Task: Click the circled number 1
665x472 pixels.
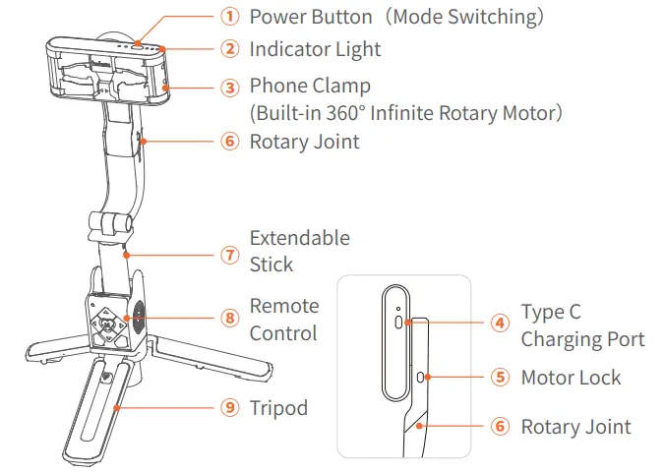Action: (x=229, y=17)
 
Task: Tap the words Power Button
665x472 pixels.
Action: (x=310, y=17)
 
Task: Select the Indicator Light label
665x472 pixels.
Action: (x=315, y=48)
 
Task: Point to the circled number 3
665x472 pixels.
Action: (x=229, y=88)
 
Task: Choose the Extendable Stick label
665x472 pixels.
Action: (x=299, y=251)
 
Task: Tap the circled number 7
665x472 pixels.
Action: (x=229, y=255)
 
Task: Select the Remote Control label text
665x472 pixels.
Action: (x=283, y=320)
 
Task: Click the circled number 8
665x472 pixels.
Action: (x=229, y=319)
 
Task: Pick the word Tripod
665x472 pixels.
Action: (x=278, y=408)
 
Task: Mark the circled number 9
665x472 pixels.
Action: (x=229, y=408)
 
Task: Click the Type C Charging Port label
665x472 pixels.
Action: (x=582, y=326)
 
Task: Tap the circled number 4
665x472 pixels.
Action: (x=501, y=322)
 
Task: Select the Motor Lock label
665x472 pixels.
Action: (x=571, y=378)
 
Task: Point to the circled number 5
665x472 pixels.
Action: (x=501, y=378)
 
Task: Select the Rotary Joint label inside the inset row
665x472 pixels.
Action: (x=575, y=427)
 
